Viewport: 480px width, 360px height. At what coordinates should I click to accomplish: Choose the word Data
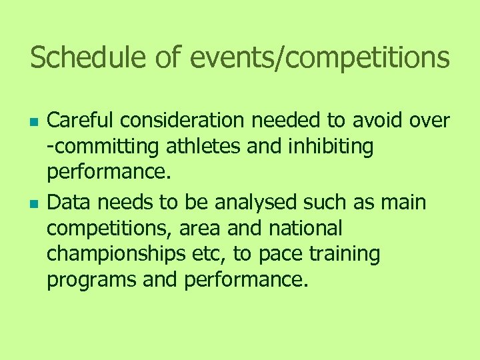tap(68, 202)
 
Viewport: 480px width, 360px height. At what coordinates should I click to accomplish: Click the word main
tap(403, 202)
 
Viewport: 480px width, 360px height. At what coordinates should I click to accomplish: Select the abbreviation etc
tap(219, 254)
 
